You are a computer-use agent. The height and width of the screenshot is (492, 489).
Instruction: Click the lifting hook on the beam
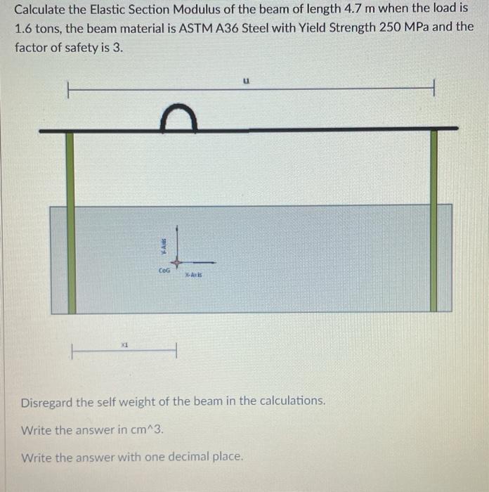178,118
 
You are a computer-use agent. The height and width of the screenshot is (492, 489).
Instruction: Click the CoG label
164,269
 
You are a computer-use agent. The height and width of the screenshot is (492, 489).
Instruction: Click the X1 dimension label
124,344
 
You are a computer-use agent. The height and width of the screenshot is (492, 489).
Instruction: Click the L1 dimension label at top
246,82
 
